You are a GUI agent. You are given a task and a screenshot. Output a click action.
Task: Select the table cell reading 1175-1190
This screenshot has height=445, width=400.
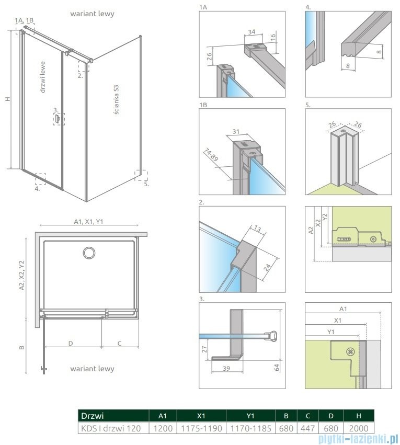[x=201, y=428]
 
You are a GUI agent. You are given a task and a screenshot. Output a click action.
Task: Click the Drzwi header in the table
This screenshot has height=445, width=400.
[x=93, y=416]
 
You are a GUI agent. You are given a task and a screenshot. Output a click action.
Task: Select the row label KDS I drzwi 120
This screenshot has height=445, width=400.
[x=110, y=428]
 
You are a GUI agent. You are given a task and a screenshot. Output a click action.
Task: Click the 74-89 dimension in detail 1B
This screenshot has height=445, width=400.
[x=212, y=157]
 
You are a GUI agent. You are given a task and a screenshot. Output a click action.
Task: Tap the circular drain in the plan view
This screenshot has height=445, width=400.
[x=88, y=253]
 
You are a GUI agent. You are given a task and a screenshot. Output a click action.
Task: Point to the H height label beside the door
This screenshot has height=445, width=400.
[x=7, y=99]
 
